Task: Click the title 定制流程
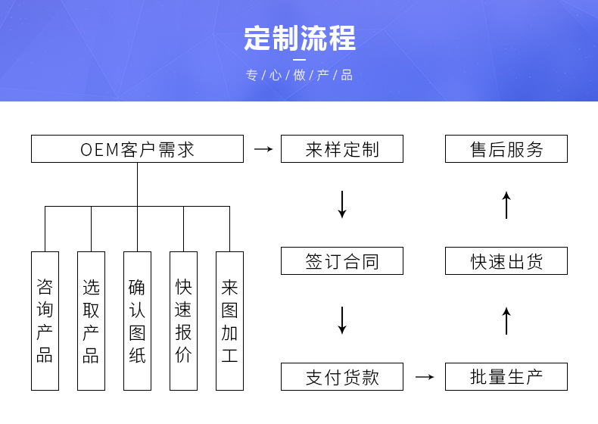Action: (299, 39)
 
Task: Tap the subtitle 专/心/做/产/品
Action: (299, 76)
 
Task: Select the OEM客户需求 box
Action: (137, 149)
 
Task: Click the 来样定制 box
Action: (341, 149)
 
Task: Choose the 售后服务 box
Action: (506, 149)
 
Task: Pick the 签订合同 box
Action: (341, 261)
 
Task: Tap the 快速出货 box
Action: (506, 261)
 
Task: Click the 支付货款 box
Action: (341, 376)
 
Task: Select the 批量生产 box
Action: (506, 376)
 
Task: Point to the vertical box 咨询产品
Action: (45, 321)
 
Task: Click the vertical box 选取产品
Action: (91, 321)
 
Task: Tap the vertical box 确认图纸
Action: (137, 321)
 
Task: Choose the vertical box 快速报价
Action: (183, 321)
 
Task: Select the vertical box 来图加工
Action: (229, 321)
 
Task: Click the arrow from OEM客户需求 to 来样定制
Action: (263, 149)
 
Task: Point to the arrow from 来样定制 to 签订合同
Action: (341, 204)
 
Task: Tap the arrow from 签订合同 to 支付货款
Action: (341, 320)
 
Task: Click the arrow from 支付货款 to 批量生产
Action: (425, 376)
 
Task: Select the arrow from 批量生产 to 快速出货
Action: (506, 320)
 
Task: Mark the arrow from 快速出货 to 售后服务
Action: (506, 205)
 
